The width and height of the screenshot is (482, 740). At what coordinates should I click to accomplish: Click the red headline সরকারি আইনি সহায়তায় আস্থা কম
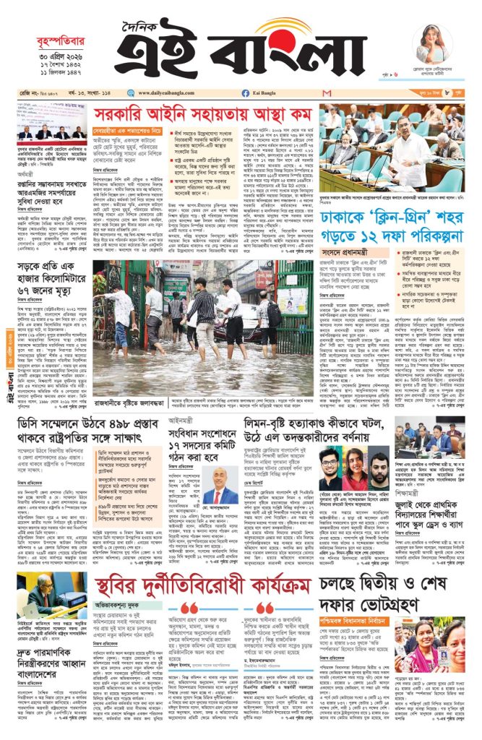click(202, 114)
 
